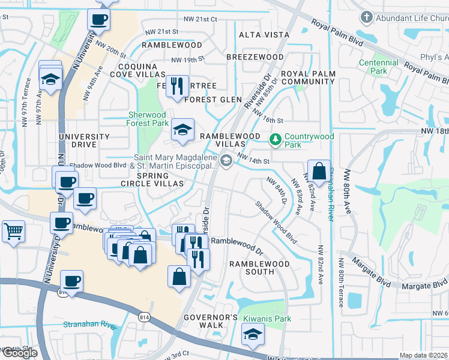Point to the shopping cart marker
click(x=13, y=230)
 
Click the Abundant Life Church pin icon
click(x=366, y=17)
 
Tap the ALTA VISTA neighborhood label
click(x=264, y=35)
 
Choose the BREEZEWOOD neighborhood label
click(x=255, y=57)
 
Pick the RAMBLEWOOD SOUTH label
click(x=259, y=268)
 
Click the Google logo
click(x=20, y=353)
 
